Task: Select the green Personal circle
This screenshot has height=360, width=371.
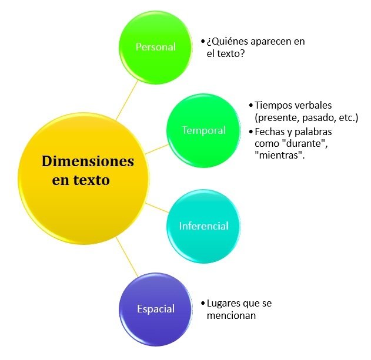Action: click(x=156, y=47)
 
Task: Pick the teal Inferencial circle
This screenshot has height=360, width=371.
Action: click(x=203, y=226)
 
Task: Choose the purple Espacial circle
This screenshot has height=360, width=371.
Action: click(x=156, y=309)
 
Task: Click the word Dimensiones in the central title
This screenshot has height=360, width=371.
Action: click(x=88, y=161)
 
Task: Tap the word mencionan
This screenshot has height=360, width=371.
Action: click(x=233, y=315)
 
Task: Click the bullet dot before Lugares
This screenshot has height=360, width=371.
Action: click(x=202, y=304)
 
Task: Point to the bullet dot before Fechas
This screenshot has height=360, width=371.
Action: click(x=251, y=132)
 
